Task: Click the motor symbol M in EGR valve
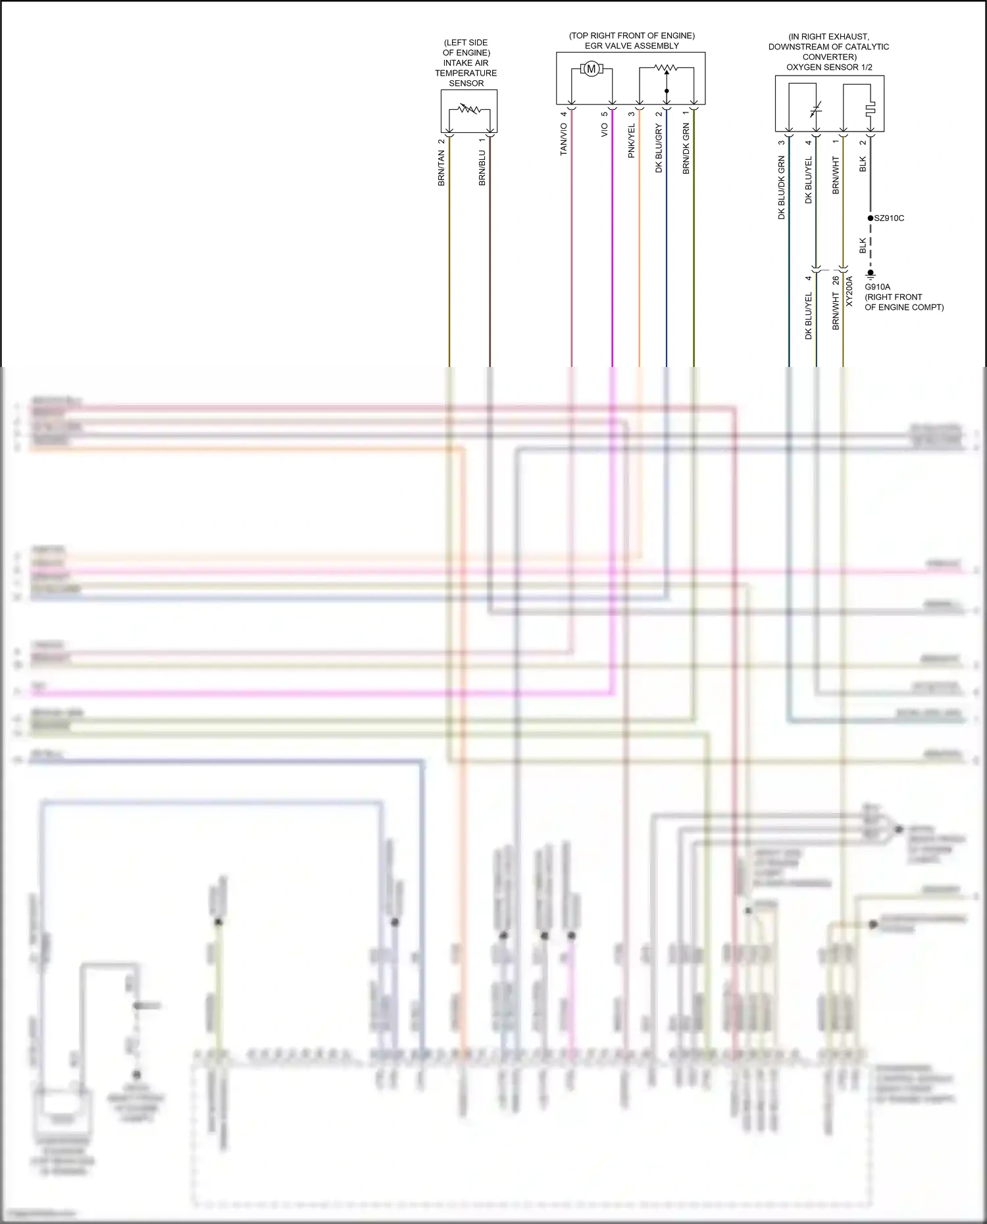591,68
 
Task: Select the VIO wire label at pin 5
604,130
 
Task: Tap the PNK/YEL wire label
631,141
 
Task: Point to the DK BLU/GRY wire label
659,149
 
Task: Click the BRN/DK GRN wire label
686,149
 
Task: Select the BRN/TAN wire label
442,168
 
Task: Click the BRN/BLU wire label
482,168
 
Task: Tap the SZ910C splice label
889,218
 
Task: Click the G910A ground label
877,287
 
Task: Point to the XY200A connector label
849,291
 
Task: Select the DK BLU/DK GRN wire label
781,187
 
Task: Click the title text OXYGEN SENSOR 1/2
829,67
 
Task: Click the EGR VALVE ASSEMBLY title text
632,46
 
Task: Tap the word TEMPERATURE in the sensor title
466,73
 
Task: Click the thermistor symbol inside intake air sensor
469,109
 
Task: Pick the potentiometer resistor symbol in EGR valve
667,68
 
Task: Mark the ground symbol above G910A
871,275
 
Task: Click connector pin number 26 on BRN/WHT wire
836,281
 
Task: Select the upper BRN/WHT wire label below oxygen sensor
836,175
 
